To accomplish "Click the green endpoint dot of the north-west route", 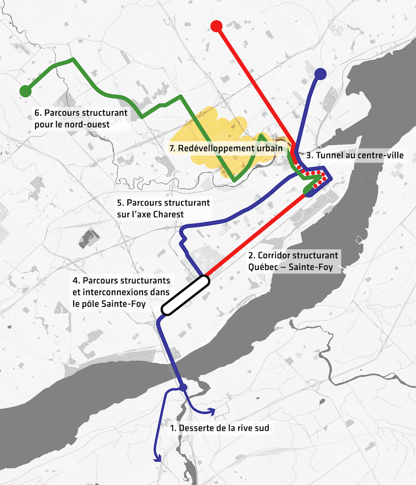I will pyautogui.click(x=26, y=91).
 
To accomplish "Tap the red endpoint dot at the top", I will pyautogui.click(x=216, y=26).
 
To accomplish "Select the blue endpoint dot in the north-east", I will pyautogui.click(x=320, y=73).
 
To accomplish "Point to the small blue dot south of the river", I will pyautogui.click(x=183, y=387).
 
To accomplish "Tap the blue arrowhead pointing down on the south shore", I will pyautogui.click(x=158, y=458).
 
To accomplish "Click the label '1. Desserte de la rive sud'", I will pyautogui.click(x=220, y=428).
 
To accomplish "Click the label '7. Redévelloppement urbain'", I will pyautogui.click(x=226, y=148).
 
